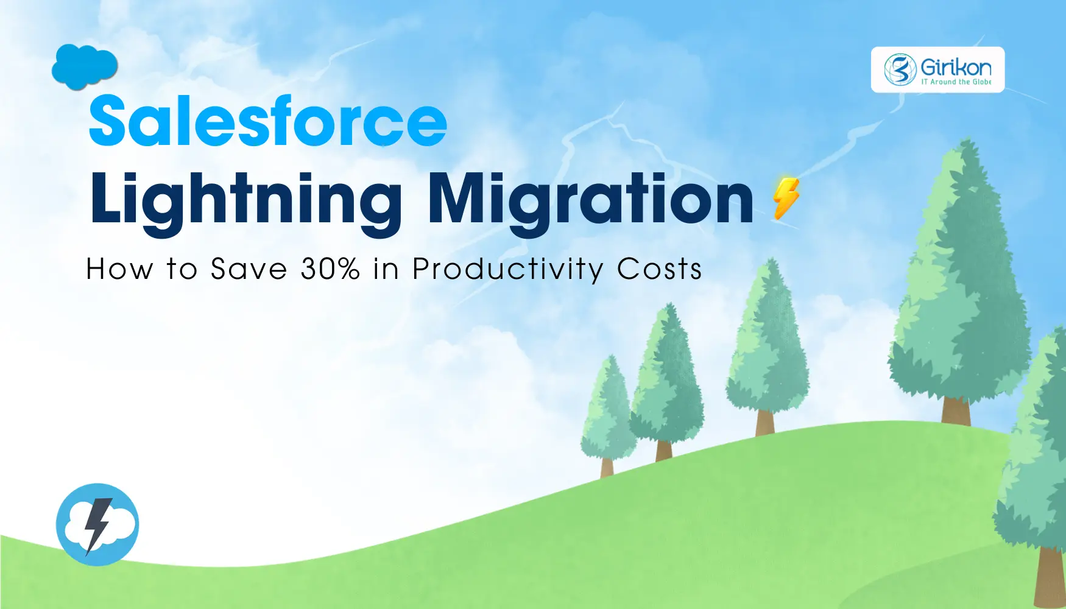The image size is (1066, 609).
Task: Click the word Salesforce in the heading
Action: [x=268, y=122]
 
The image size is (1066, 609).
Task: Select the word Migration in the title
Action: [x=591, y=199]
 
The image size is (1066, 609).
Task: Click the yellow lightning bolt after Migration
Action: [x=786, y=198]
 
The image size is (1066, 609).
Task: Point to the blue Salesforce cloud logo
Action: [x=85, y=66]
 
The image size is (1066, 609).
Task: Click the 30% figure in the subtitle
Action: [x=330, y=269]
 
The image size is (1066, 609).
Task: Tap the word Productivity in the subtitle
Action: [x=507, y=269]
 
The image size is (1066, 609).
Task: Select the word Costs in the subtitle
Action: [x=660, y=269]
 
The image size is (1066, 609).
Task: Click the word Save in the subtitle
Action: [x=249, y=269]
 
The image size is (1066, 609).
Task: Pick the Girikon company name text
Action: [x=955, y=67]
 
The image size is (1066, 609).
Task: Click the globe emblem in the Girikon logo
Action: [x=900, y=69]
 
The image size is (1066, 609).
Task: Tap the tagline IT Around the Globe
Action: [x=956, y=82]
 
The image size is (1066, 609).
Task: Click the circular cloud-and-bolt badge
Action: [x=97, y=524]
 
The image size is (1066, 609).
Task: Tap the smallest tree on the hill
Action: [x=608, y=414]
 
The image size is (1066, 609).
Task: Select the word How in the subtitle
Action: [x=119, y=269]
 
